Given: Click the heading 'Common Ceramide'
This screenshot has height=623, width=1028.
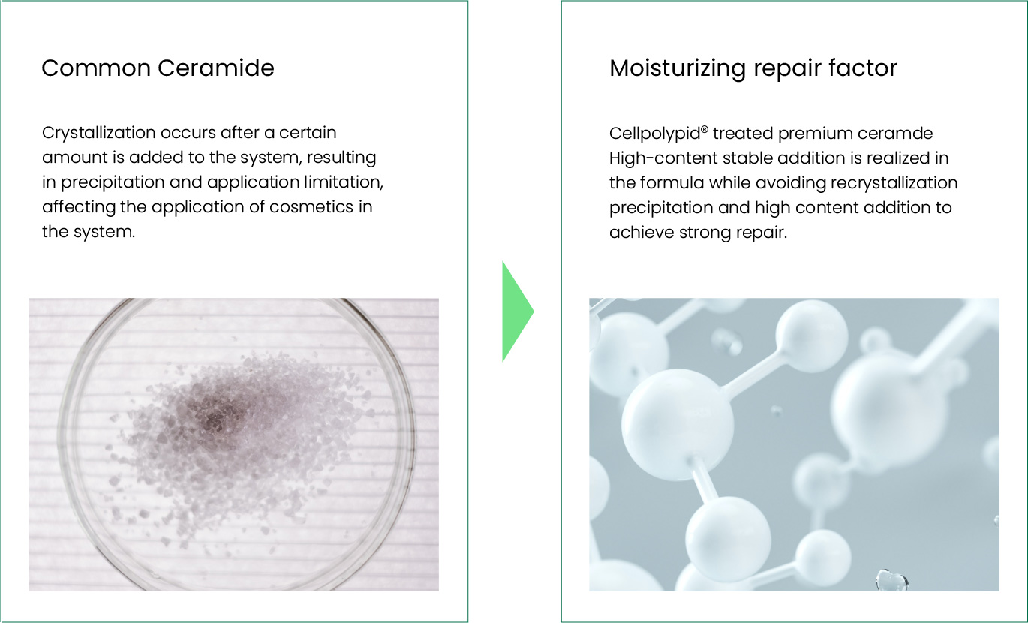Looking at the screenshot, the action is pyautogui.click(x=158, y=68).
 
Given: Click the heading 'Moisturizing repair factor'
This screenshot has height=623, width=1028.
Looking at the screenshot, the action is pyautogui.click(x=753, y=69).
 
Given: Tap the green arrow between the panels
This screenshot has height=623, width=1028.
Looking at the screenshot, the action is pyautogui.click(x=518, y=311).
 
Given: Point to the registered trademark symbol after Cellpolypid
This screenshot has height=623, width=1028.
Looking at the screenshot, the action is pyautogui.click(x=705, y=130).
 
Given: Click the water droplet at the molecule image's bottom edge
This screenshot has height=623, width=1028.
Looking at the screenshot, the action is pyautogui.click(x=892, y=580).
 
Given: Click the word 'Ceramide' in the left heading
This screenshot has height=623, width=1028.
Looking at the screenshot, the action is pyautogui.click(x=216, y=68).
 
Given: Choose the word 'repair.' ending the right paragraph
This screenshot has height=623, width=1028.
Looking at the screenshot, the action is pyautogui.click(x=762, y=233).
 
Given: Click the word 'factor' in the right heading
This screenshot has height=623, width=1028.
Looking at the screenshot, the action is pyautogui.click(x=863, y=68).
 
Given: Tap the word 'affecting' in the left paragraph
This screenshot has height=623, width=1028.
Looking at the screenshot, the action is pyautogui.click(x=79, y=207).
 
